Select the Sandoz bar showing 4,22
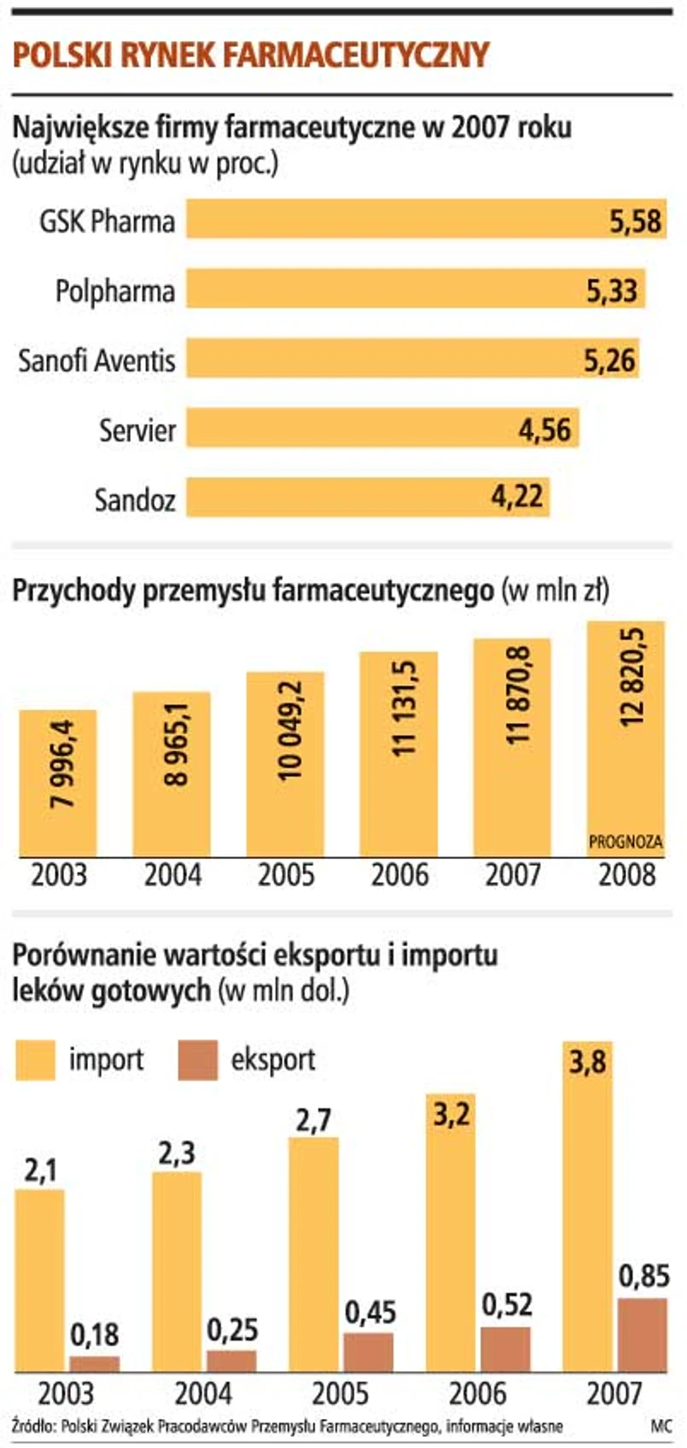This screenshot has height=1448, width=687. [x=367, y=497]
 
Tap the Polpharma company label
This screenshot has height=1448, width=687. [x=115, y=291]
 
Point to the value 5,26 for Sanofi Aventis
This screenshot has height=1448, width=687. [x=610, y=359]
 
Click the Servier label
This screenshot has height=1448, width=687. [x=137, y=429]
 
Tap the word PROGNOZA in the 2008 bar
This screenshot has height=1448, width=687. [x=626, y=842]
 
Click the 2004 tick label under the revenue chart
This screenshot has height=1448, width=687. [x=172, y=876]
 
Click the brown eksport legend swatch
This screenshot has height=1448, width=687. [x=197, y=1060]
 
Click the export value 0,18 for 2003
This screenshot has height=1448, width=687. [x=95, y=1334]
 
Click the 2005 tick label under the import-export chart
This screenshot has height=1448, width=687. [x=339, y=1394]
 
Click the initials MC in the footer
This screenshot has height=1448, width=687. [x=661, y=1427]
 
